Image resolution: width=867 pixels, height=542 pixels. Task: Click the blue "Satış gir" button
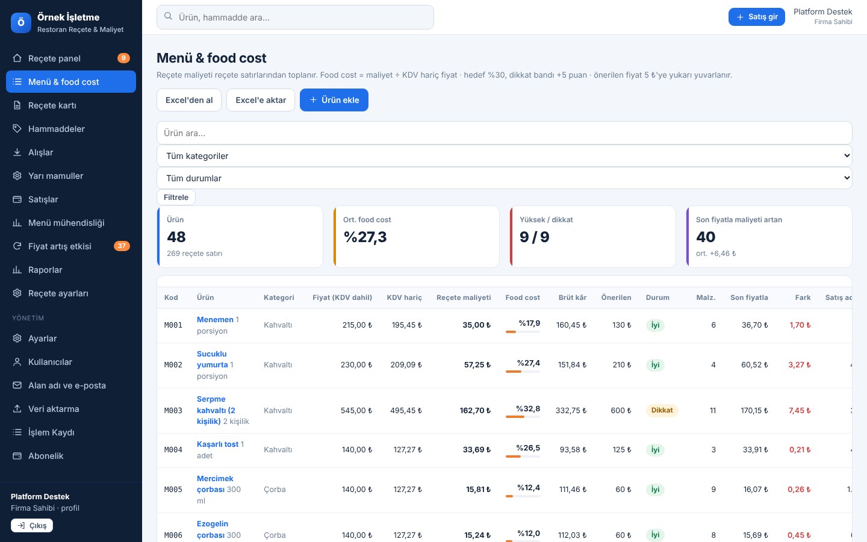click(x=756, y=17)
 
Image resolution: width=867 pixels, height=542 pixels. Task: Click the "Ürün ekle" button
click(x=334, y=100)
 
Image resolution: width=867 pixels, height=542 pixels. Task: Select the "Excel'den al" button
click(x=189, y=100)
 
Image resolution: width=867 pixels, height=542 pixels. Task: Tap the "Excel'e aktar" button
click(x=261, y=100)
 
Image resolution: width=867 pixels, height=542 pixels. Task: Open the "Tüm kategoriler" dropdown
click(x=504, y=155)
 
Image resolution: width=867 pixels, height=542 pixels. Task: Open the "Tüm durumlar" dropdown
click(x=504, y=178)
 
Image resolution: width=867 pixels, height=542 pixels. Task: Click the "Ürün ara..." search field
click(x=504, y=132)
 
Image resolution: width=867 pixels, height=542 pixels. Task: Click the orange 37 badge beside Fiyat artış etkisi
click(x=122, y=246)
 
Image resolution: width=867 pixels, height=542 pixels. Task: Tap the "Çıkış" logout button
click(x=32, y=525)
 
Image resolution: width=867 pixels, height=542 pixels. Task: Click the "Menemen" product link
click(x=215, y=319)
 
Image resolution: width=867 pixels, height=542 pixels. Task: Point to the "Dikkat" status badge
click(x=662, y=410)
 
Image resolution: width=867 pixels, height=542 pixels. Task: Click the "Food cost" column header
click(x=523, y=297)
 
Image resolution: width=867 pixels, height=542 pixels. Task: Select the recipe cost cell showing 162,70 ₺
click(x=475, y=410)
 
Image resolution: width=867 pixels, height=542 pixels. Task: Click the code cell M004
click(x=173, y=449)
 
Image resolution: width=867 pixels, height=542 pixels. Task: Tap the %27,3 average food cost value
click(x=365, y=237)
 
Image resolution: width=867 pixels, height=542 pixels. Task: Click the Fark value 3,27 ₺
click(x=800, y=365)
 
